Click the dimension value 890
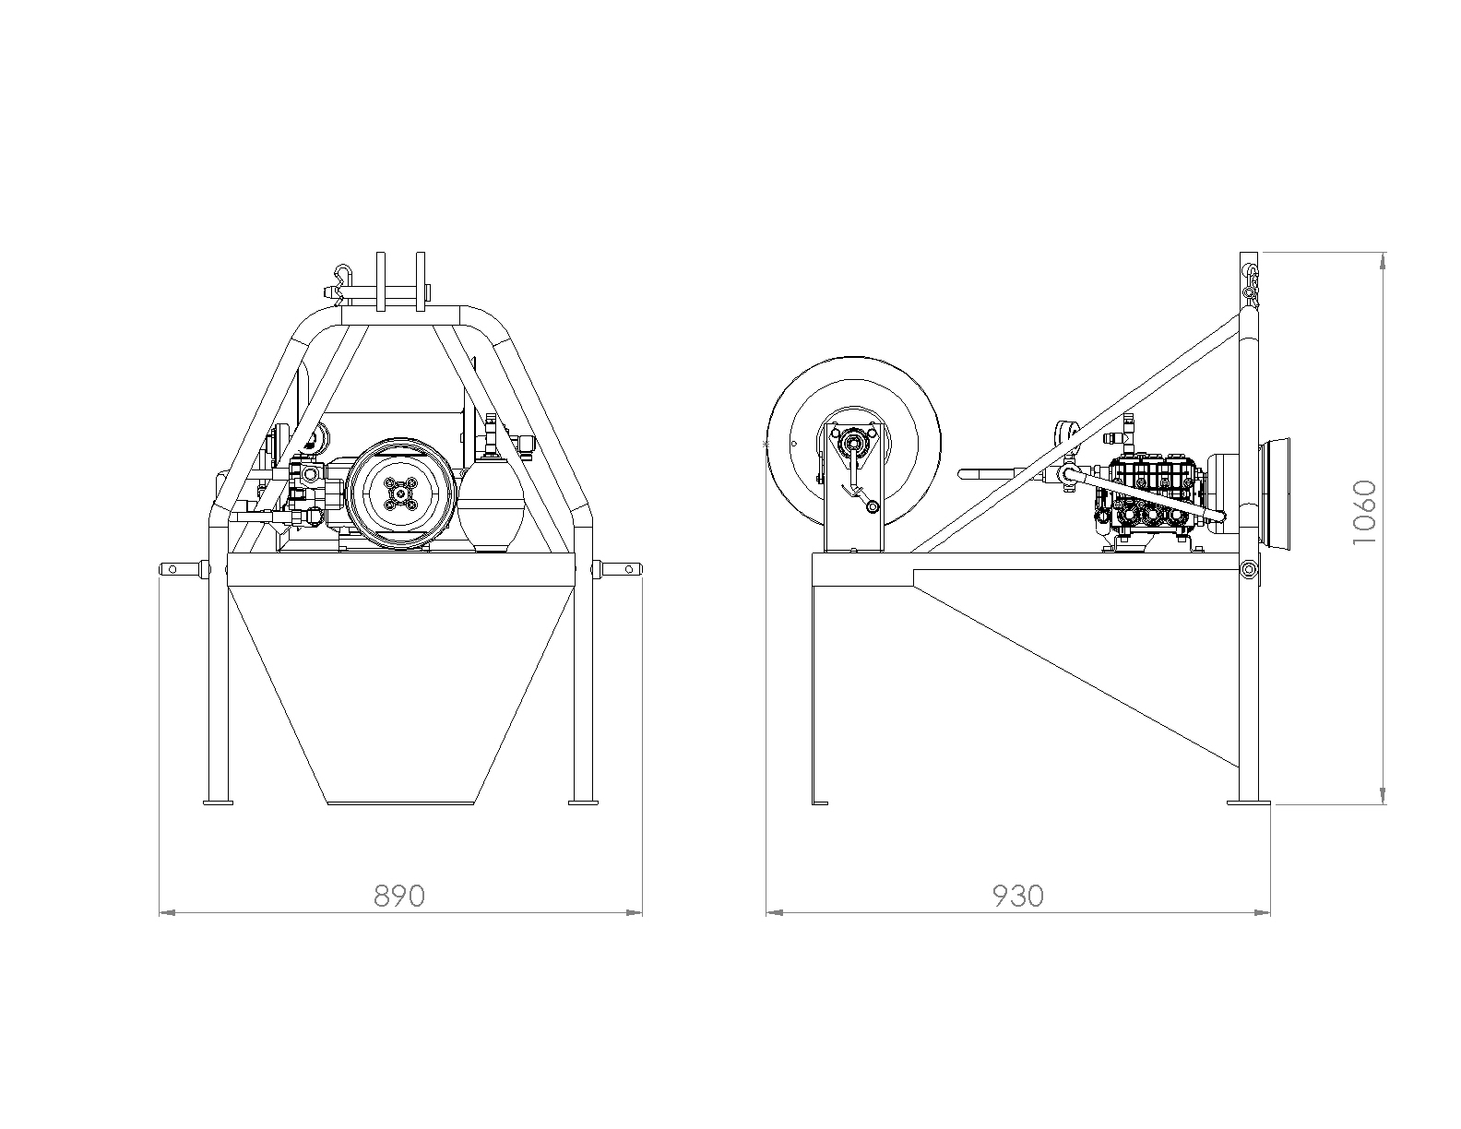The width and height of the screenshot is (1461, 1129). [399, 897]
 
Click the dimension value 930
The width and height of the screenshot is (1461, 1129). [1018, 897]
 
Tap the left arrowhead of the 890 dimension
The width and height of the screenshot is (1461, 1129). [168, 912]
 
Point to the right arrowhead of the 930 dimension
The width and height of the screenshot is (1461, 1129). [1262, 912]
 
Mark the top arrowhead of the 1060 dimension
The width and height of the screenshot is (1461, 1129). [1383, 261]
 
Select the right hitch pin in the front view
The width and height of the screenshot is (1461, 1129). [618, 569]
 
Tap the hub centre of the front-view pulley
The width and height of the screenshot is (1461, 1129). [400, 493]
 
